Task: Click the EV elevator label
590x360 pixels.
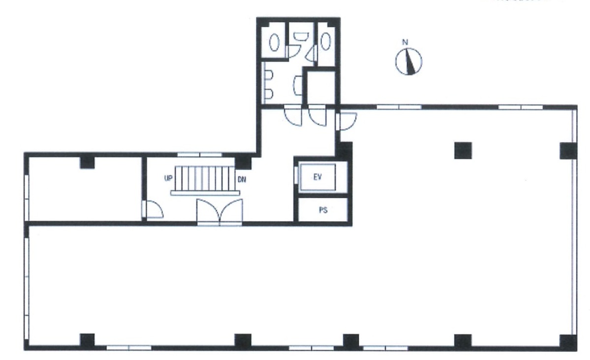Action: pos(317,177)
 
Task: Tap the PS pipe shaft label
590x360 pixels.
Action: pos(323,210)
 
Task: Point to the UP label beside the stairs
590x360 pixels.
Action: pos(168,179)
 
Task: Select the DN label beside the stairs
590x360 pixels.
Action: pos(242,180)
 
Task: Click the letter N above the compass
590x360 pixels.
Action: pos(405,43)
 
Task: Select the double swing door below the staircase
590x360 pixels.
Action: pos(219,211)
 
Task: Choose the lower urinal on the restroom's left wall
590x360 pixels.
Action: pos(269,92)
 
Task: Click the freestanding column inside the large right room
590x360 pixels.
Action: pos(463,150)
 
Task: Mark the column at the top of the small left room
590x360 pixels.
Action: pos(87,161)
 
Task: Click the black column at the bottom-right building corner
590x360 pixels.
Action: pos(568,341)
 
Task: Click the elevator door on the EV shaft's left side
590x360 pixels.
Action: pos(296,177)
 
